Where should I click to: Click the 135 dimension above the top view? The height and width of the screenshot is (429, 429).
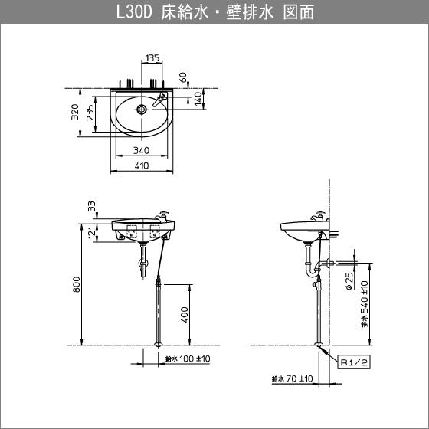click(152, 57)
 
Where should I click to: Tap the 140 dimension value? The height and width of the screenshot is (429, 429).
click(198, 98)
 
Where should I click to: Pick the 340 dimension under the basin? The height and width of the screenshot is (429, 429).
click(141, 151)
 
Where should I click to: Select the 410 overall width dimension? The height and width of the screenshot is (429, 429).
click(141, 165)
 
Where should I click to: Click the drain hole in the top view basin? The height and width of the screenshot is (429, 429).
click(142, 110)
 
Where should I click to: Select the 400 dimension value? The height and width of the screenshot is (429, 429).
click(185, 314)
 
